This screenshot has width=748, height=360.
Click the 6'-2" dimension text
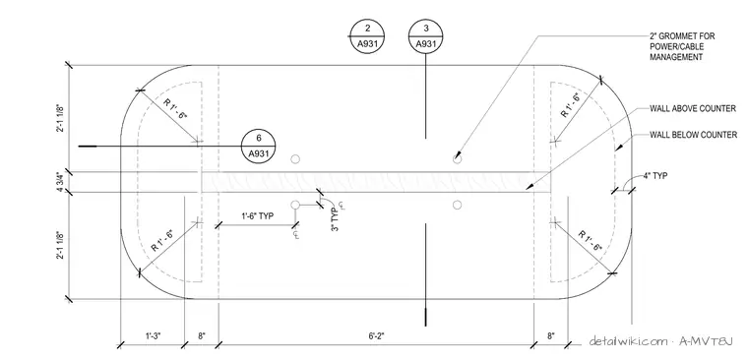pos(376,335)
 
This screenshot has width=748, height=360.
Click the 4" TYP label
pos(655,175)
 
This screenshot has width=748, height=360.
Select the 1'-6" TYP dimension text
pos(257,215)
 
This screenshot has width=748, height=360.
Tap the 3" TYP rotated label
pos(336,219)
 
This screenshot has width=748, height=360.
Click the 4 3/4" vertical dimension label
pos(61,182)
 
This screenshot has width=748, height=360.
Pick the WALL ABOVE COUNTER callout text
pos(693,109)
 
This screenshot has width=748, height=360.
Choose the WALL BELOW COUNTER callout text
pos(693,135)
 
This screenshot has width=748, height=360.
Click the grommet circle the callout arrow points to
pos(457,158)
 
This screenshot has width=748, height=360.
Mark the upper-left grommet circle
pos(295,158)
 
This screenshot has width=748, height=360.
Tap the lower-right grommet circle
pos(457,205)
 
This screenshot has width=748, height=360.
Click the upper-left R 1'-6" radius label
pos(174,109)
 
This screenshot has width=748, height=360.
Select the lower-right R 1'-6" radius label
pos(591,241)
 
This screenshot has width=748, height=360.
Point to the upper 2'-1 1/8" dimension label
pos(61,118)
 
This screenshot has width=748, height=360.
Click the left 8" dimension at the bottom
pos(202,335)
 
